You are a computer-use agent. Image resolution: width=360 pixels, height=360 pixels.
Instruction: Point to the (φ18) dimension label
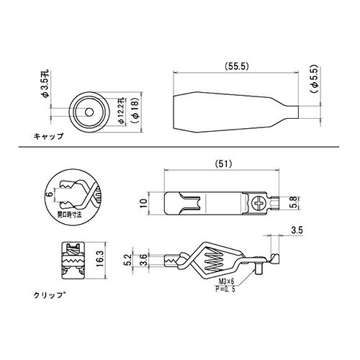(x=132, y=112)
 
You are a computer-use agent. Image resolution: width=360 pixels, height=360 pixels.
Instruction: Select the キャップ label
(x=49, y=135)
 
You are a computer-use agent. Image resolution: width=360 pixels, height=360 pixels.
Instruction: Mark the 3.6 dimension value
(x=145, y=260)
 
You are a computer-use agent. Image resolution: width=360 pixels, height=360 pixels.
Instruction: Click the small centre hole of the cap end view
(x=86, y=112)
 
